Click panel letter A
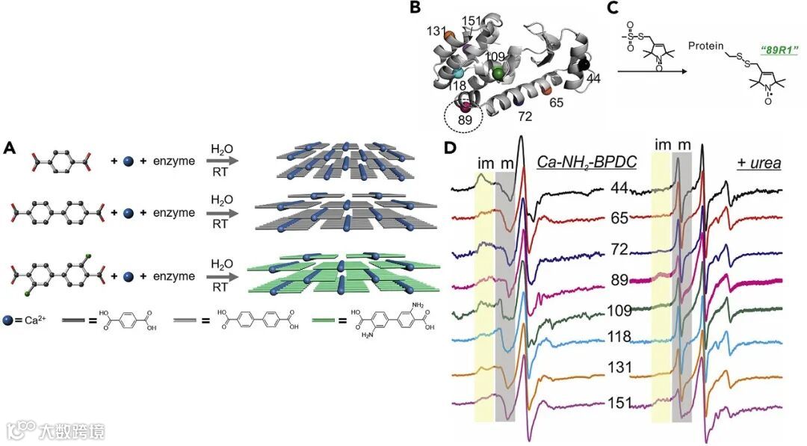[10, 148]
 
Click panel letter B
[415, 9]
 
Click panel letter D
[451, 148]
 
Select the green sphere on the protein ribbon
[498, 72]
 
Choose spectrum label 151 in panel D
[620, 402]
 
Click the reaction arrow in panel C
[651, 72]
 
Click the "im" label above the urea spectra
[662, 144]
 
